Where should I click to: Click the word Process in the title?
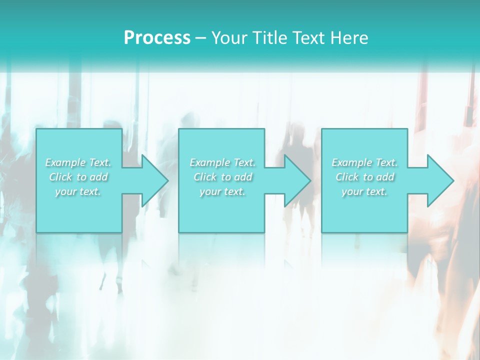click(157, 38)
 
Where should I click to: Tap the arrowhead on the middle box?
click(296, 180)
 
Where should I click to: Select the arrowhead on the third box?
click(439, 180)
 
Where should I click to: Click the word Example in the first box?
click(65, 162)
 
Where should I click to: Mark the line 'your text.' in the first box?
click(78, 191)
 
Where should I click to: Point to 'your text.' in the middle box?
click(222, 191)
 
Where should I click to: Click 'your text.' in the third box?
click(364, 191)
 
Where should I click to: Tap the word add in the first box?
click(99, 177)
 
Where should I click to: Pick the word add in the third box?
click(386, 177)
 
